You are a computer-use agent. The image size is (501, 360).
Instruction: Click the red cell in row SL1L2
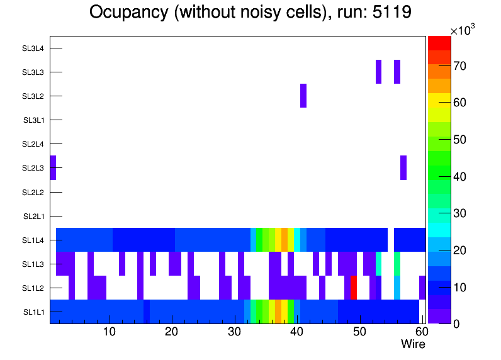click(353, 288)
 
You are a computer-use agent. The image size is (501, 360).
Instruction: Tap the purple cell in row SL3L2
click(303, 96)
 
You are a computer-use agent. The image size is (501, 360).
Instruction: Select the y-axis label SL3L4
click(33, 48)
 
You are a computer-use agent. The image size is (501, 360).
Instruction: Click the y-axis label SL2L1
click(33, 217)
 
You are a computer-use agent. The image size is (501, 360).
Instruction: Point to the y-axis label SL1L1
click(33, 312)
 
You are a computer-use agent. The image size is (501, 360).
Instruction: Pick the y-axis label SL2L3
click(33, 168)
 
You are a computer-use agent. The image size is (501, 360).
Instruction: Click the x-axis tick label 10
click(109, 332)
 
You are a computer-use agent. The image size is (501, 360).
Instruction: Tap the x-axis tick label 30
click(234, 332)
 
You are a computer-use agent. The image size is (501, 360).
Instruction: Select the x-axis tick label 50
click(359, 332)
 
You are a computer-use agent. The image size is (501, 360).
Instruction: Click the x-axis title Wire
click(413, 344)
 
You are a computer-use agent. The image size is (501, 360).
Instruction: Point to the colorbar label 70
click(459, 66)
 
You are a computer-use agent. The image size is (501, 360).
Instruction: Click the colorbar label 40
click(459, 176)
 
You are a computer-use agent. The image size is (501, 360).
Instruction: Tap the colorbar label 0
click(456, 324)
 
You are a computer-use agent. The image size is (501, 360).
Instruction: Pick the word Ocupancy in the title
click(129, 13)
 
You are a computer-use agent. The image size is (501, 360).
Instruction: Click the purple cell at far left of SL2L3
click(53, 167)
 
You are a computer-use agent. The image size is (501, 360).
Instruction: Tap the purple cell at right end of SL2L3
click(403, 167)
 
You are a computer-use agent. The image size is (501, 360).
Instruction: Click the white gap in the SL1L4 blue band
click(391, 240)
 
